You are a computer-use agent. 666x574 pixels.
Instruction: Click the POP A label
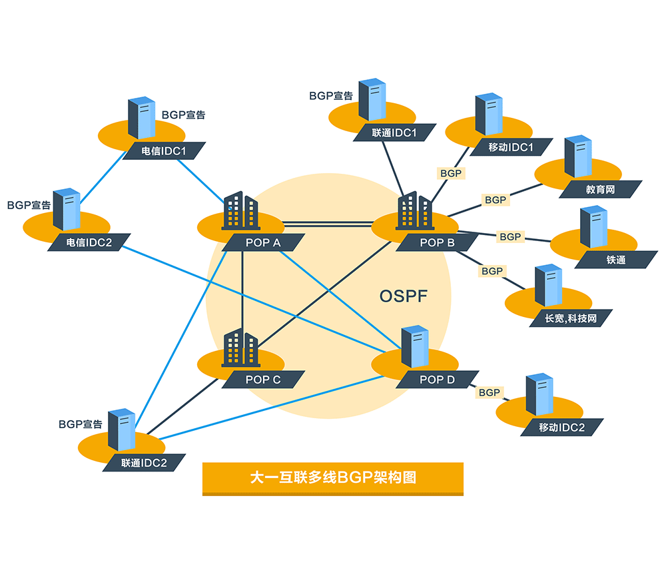263,243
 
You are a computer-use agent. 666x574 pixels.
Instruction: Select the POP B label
437,243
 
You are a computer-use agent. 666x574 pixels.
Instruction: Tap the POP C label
263,380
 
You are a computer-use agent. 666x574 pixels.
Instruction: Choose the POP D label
437,380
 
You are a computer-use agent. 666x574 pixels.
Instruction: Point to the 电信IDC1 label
164,151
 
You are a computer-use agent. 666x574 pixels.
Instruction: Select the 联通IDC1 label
394,133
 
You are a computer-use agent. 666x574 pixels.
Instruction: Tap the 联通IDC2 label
144,463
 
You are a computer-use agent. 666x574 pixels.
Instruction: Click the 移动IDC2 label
561,428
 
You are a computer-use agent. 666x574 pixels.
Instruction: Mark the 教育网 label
600,190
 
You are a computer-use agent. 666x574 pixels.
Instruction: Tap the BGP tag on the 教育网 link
496,200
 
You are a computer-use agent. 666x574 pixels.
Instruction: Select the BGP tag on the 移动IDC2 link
490,393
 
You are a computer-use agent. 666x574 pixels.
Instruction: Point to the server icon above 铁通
593,226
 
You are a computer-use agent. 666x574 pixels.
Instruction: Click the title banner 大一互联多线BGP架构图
332,477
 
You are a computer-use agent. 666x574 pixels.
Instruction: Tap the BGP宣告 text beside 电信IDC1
184,115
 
